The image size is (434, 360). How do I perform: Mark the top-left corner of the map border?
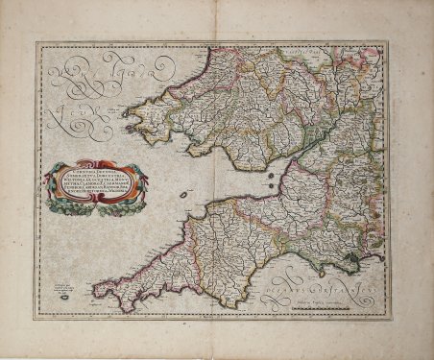coord(36,42)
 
